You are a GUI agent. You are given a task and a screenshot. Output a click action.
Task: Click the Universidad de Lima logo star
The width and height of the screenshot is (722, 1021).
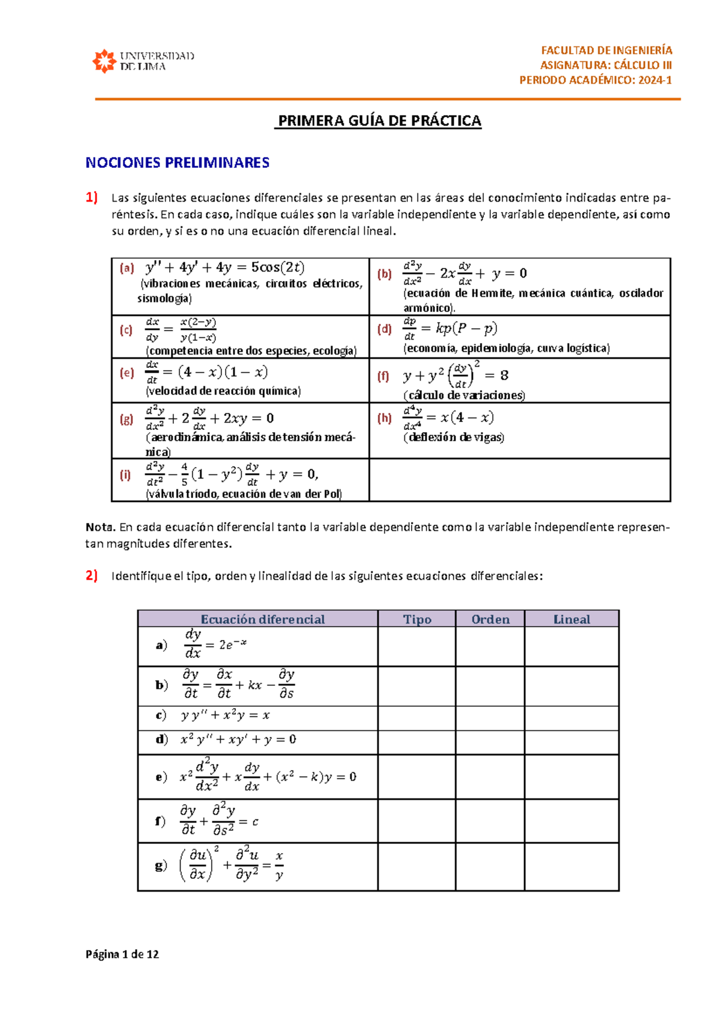pos(104,61)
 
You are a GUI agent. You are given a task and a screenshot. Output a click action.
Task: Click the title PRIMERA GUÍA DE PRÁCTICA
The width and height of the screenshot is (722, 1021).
pos(379,121)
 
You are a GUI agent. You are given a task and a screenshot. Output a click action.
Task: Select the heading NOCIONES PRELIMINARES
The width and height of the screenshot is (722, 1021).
pos(177,163)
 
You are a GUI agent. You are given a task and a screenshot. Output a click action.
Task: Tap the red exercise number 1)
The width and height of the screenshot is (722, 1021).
pos(91,197)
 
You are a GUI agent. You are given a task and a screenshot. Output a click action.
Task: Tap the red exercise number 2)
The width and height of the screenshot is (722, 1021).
pos(91,576)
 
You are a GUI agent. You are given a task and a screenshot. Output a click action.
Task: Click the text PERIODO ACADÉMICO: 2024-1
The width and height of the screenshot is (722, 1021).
pos(596,80)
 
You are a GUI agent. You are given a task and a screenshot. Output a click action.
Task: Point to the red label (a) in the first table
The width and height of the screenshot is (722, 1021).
pos(127,268)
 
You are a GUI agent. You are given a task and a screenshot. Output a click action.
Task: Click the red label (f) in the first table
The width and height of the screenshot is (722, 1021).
pos(383,376)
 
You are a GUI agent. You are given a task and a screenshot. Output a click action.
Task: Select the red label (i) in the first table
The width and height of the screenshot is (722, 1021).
pos(125,475)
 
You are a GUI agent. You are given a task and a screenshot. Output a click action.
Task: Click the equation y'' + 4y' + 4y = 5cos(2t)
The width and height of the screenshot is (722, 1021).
pos(225,267)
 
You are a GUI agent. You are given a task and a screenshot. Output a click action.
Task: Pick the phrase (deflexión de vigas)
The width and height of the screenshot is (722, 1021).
pos(454,438)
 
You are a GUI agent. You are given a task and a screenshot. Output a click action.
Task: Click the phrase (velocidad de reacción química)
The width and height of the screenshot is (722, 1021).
pos(223,391)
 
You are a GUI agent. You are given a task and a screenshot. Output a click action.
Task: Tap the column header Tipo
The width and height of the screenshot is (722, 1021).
pos(417,619)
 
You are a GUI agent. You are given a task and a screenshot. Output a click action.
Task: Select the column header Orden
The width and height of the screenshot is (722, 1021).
pos(490,619)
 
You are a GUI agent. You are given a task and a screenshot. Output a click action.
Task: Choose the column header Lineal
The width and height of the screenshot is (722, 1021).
pos(572,619)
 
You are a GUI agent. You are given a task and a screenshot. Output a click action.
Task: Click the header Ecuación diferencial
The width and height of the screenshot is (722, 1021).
pos(262,619)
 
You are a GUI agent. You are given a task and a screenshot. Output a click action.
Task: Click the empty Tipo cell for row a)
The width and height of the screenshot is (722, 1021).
pos(416,647)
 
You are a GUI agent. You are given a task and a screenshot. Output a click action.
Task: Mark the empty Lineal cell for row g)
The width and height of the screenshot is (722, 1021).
pos(572,866)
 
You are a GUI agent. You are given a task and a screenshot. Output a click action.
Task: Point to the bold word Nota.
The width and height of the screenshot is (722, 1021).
pos(100,527)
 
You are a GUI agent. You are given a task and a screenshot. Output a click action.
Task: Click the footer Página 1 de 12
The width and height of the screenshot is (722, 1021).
pos(122,954)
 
